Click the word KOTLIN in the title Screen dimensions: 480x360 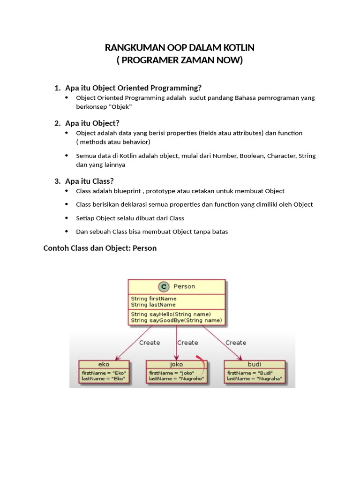coord(236,48)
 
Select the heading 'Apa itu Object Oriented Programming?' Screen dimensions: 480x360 coord(133,88)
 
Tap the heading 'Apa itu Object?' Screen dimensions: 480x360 coord(92,123)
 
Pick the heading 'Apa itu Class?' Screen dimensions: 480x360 coord(90,181)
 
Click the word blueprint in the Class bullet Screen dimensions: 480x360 coord(125,191)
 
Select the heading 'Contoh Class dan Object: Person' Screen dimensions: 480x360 coord(100,248)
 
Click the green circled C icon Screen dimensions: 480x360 coord(164,287)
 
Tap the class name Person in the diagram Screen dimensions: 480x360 coord(184,286)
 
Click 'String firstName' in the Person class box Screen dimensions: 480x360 coord(154,299)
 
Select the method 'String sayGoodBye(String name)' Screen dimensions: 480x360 coord(176,320)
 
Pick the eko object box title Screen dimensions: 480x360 coord(104,364)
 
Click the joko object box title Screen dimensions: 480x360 coord(176,364)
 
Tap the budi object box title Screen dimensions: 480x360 coord(254,364)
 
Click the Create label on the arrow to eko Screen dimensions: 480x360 coord(149,343)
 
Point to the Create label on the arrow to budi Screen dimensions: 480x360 coord(236,343)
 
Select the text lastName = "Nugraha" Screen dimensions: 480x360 coord(255,378)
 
